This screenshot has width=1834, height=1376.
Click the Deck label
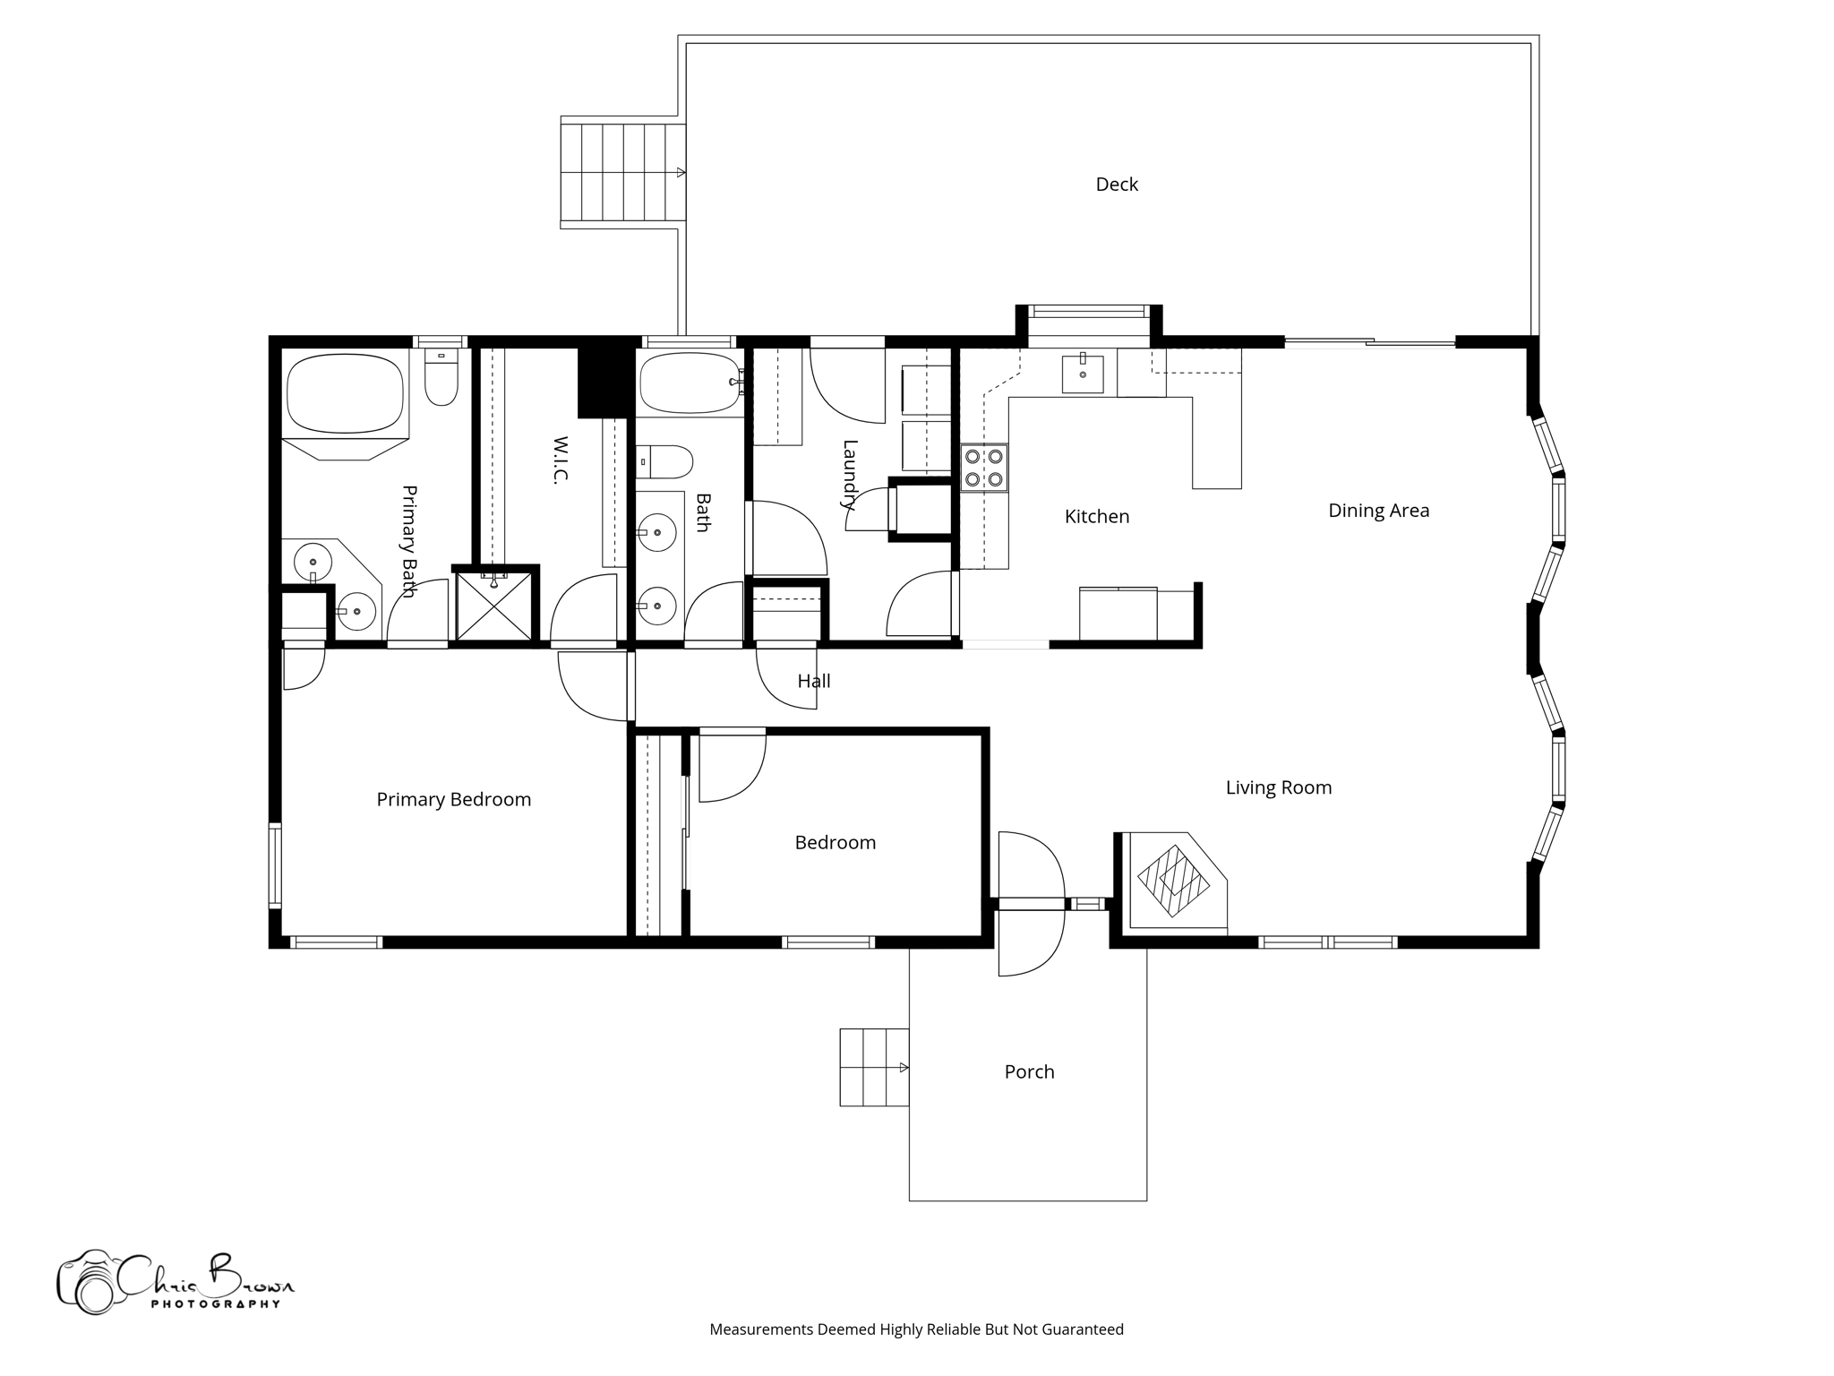(x=1117, y=185)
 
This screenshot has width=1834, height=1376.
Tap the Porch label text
(x=1029, y=1071)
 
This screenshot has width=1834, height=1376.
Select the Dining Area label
(x=1378, y=511)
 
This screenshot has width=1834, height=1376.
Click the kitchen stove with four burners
(x=984, y=468)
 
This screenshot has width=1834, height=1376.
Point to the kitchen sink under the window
(x=1083, y=374)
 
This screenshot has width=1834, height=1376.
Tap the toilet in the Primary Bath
(x=441, y=378)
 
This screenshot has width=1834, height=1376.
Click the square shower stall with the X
(x=493, y=606)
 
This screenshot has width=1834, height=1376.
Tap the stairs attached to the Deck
(x=622, y=173)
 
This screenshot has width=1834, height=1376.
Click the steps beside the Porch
(x=874, y=1067)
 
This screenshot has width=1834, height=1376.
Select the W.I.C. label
(x=561, y=460)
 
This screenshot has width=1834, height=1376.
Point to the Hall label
(x=813, y=682)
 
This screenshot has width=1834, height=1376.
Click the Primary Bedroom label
(x=453, y=800)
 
